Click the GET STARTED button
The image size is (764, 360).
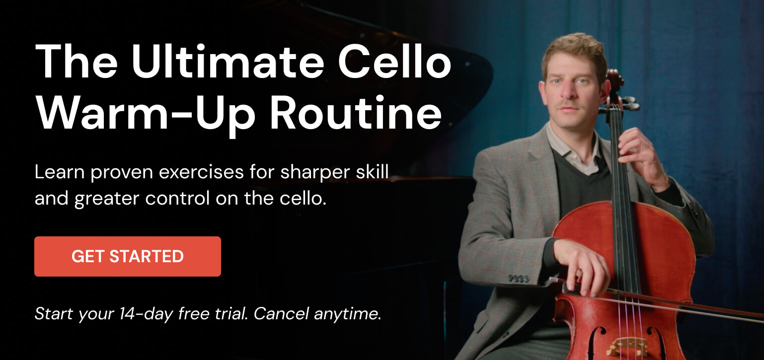click(x=128, y=256)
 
